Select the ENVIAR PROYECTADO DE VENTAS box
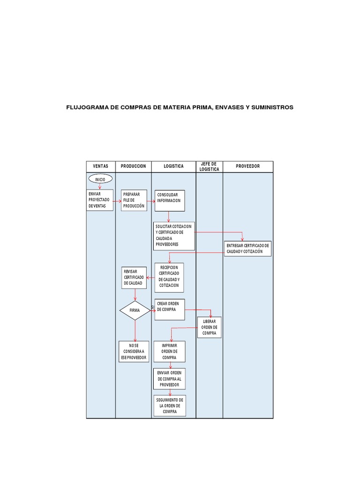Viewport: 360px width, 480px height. coord(100,200)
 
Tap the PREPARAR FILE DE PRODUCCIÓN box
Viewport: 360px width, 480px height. coord(134,200)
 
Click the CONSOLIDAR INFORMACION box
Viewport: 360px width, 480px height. coord(170,201)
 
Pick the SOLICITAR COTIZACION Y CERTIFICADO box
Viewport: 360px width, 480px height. coord(173,236)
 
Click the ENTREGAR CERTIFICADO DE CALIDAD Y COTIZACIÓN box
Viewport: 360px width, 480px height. coord(247,248)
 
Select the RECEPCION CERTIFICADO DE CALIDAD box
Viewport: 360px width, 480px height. coord(169,277)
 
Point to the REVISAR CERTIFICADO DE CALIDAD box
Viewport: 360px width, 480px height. coord(134,277)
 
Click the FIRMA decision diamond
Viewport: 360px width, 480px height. coord(135,310)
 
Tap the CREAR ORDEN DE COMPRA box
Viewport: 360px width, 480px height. coord(169,309)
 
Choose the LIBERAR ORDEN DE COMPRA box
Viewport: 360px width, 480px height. coord(209,327)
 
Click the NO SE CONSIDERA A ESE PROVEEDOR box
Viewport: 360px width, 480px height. coord(134,352)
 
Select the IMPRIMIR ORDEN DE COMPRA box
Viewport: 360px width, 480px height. coord(169,352)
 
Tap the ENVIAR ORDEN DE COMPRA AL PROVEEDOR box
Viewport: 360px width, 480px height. coord(169,378)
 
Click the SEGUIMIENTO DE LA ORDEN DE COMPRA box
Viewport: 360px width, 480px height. coord(169,405)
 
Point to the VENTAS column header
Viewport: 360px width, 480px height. coord(101,166)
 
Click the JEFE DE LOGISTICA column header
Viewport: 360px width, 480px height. coord(209,166)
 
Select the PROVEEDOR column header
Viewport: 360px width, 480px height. coord(247,166)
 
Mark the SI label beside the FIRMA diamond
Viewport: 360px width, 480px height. coord(153,307)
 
